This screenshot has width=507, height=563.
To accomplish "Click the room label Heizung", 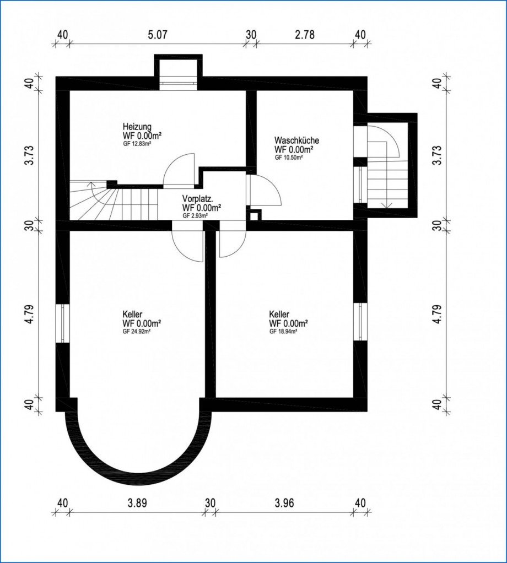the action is pos(137,127).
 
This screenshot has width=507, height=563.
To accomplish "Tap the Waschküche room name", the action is pos(296,140).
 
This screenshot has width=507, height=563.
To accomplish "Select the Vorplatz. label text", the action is pos(198,198).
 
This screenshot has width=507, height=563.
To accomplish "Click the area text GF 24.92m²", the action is pos(137,332).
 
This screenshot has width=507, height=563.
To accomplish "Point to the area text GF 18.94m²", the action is pos(283,332).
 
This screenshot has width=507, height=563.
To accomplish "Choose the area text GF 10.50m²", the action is pos(288,157).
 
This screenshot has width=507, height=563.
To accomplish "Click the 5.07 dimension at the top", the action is pos(158,35).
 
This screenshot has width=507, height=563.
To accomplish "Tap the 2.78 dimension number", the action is pos(305,35).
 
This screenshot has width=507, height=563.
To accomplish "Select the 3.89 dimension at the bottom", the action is pos(137,503).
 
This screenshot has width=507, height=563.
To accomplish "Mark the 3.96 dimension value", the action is pos(284,503).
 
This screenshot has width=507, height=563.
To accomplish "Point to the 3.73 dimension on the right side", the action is pos(436,155).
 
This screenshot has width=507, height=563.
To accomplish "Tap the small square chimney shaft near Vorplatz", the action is pos(254,216).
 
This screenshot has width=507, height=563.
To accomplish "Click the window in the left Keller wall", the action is pos(62,323).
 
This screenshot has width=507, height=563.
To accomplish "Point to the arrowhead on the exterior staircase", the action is pos(386,205).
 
